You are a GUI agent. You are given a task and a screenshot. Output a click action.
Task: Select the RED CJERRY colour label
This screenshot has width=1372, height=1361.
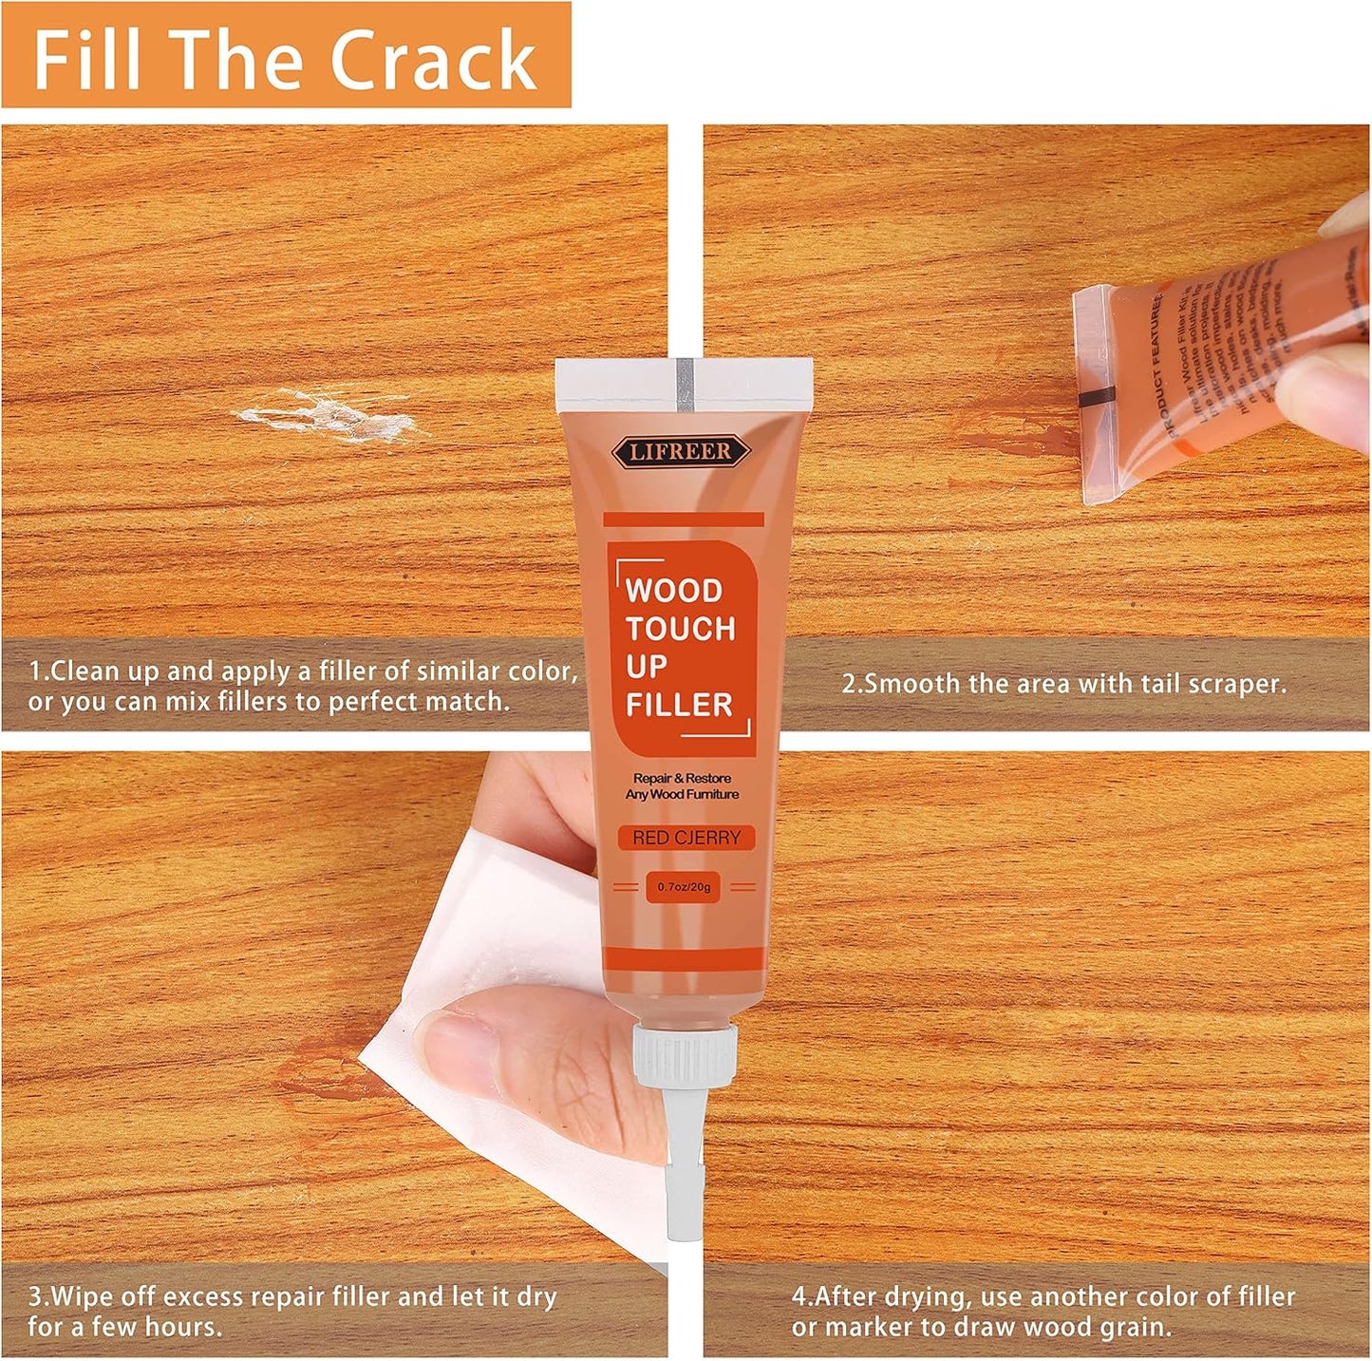pyautogui.click(x=686, y=838)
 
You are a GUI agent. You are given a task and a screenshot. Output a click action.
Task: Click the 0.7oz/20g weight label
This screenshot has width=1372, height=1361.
pyautogui.click(x=684, y=887)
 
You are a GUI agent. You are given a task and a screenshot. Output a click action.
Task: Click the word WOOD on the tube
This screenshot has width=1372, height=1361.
pyautogui.click(x=674, y=591)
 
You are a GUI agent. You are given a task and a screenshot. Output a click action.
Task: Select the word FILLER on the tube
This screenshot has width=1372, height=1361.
pyautogui.click(x=679, y=706)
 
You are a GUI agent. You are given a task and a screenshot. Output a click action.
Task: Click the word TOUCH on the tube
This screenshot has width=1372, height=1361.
pyautogui.click(x=680, y=629)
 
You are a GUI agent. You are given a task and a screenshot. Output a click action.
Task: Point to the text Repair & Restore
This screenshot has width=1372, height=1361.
pyautogui.click(x=682, y=779)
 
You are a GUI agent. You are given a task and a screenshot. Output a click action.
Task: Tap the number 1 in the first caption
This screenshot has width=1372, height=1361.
pyautogui.click(x=35, y=671)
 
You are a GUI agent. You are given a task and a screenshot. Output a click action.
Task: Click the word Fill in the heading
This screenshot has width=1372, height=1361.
pyautogui.click(x=87, y=59)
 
